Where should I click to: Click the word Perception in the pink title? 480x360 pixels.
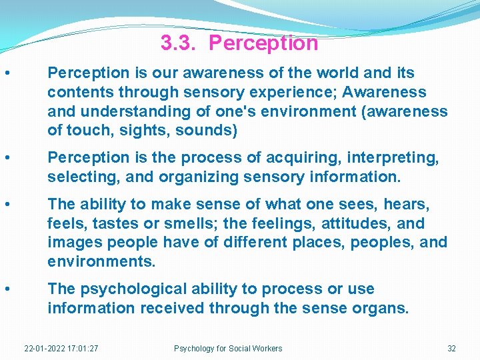coord(263,43)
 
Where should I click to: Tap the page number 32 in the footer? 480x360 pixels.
coord(451,348)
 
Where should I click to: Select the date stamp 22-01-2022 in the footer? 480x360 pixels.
coord(42,348)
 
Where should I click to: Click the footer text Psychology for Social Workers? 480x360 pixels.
coord(228,348)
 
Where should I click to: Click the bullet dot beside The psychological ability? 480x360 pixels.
coord(7,289)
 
